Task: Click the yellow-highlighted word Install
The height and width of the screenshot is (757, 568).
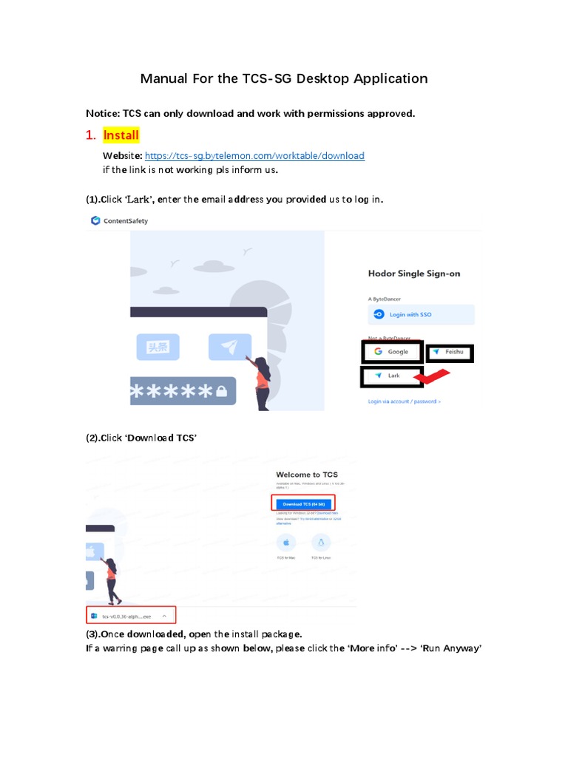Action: point(121,136)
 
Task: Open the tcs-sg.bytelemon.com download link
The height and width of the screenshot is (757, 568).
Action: point(254,156)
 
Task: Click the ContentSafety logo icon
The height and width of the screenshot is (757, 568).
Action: point(95,220)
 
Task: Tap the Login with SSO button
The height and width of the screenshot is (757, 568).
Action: point(421,314)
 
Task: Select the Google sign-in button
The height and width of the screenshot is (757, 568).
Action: point(392,352)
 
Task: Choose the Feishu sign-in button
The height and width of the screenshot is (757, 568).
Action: point(450,353)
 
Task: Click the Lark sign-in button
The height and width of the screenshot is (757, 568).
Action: point(391,376)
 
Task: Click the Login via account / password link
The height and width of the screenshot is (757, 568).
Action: point(404,401)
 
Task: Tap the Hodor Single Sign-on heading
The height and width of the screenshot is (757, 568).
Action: point(413,274)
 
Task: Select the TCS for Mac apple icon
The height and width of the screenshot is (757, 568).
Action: point(285,542)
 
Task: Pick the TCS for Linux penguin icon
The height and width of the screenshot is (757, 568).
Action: point(321,542)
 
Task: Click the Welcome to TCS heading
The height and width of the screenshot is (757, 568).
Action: point(306,475)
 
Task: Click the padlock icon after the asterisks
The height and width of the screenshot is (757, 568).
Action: point(221,393)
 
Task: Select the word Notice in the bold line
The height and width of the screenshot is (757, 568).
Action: point(103,113)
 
